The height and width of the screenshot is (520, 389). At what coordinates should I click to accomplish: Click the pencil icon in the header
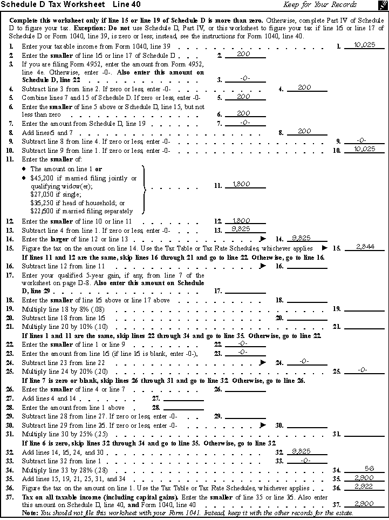point(381,5)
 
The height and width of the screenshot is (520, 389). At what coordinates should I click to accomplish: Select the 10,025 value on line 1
point(363,45)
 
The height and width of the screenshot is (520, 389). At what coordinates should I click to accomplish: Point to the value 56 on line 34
point(370,469)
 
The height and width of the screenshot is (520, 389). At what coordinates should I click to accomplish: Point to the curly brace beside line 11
point(144,190)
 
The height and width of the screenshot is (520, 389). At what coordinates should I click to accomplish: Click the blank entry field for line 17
point(245,292)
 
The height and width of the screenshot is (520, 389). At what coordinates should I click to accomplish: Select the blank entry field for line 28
point(183,407)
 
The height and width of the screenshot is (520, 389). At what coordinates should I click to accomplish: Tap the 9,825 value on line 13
point(240,229)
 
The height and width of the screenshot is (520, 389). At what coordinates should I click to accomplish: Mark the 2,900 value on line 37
point(361,503)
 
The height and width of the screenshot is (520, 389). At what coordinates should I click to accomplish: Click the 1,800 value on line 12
point(241,220)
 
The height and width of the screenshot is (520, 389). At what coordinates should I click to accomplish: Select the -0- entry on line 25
point(363,370)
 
